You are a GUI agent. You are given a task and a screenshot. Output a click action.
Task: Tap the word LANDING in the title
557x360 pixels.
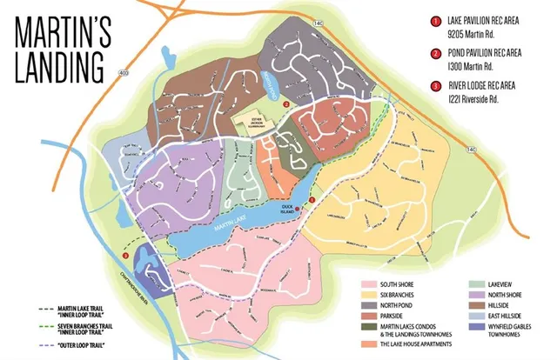57,64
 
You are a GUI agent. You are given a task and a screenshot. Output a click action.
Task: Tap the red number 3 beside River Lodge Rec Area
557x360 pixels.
433,85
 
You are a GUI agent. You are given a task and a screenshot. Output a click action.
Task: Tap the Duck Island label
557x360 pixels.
285,203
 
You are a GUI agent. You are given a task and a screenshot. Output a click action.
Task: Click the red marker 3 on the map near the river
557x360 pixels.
127,257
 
